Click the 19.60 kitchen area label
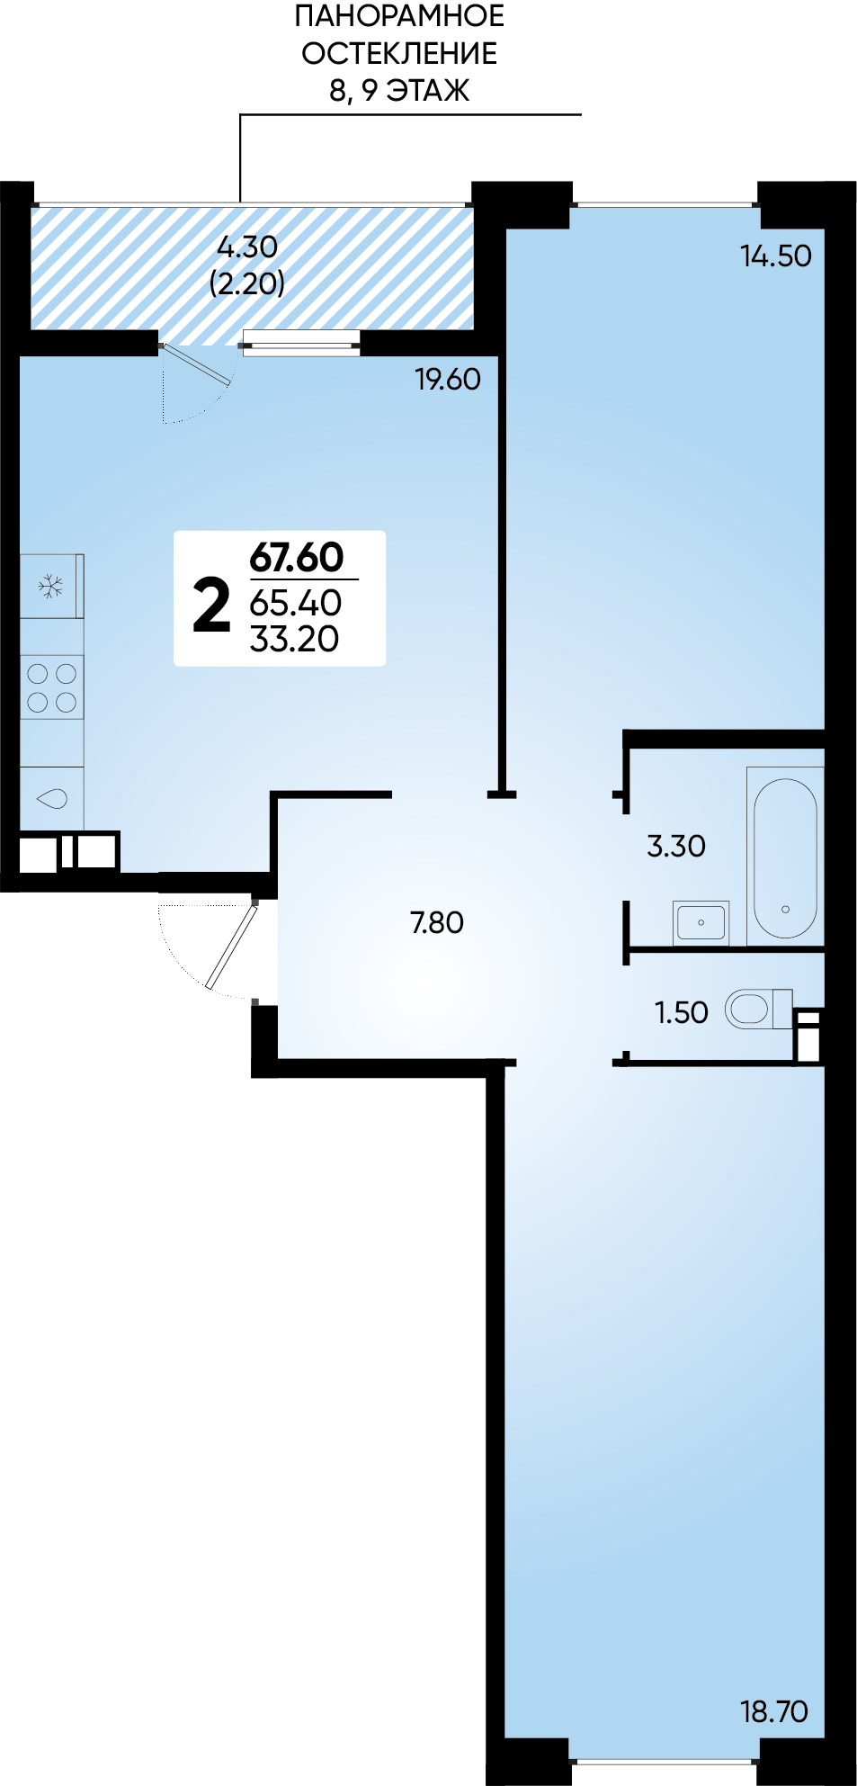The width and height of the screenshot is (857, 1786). point(448,380)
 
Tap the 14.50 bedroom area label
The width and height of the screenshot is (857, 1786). point(776,256)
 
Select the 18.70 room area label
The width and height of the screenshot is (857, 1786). point(774,1711)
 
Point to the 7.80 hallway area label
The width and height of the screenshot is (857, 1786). point(437,923)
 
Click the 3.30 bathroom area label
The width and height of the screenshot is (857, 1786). point(676,846)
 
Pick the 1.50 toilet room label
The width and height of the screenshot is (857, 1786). point(682,1012)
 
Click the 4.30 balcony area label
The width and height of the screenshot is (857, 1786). point(247,247)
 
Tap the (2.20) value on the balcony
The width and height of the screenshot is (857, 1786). point(247,283)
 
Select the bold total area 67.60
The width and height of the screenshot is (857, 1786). point(297,558)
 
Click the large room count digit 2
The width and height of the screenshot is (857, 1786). point(212,606)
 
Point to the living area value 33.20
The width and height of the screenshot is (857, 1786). point(294,639)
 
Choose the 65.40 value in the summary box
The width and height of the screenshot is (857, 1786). point(296,602)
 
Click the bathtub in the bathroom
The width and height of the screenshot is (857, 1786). point(785,857)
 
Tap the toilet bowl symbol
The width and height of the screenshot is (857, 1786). point(757,1010)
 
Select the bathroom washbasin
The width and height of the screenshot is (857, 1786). point(701,923)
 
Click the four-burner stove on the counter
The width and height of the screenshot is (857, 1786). point(52,687)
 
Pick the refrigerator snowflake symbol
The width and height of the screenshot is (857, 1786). point(50,588)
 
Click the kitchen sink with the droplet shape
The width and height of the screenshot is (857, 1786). point(51,798)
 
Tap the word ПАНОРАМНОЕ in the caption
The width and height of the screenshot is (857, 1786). point(399,16)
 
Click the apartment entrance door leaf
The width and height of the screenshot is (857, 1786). point(232,947)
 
